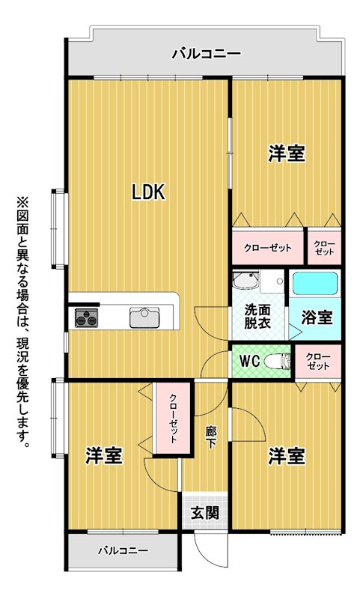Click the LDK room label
148,192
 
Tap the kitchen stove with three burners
86,317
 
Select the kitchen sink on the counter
144,317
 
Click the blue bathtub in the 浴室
315,283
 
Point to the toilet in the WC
278,361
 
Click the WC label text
250,360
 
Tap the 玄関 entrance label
205,512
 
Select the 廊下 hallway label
211,438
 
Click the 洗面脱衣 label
257,316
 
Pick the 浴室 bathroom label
317,317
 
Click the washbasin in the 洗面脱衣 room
245,280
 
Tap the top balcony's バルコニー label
206,53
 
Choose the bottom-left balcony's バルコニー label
123,550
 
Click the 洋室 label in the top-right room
287,153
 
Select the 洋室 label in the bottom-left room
104,455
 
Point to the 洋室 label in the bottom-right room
287,456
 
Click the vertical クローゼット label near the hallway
173,419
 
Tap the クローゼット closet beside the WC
318,361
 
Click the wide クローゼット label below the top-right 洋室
268,248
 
